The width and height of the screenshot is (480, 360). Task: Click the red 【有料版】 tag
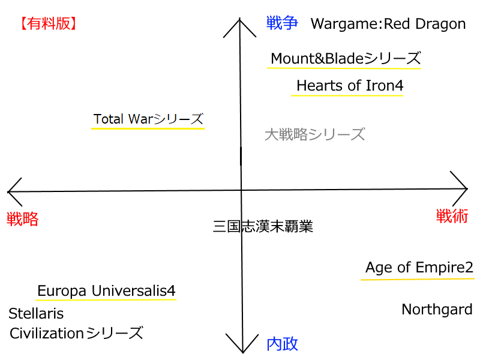pos(47,24)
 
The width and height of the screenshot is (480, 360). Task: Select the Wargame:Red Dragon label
pos(388,24)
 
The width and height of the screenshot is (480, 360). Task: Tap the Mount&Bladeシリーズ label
pos(346,58)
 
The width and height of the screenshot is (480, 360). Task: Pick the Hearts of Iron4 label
pos(350,86)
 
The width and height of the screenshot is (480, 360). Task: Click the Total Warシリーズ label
pos(148,119)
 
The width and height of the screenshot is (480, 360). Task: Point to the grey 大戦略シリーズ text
pos(314,134)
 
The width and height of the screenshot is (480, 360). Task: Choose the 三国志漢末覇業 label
pos(263,227)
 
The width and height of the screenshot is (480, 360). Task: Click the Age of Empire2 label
pos(419,268)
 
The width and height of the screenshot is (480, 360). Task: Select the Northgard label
pos(437,310)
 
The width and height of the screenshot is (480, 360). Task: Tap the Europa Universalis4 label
pos(106,291)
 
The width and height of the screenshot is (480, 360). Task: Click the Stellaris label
pos(36,314)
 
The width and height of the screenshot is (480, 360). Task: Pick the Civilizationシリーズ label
pos(76,333)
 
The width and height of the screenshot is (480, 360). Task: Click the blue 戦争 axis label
pos(282,23)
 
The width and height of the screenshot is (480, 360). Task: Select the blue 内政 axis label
pos(282,344)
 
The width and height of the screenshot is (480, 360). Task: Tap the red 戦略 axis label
pos(23,219)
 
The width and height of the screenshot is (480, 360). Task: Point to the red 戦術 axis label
pos(452,216)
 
